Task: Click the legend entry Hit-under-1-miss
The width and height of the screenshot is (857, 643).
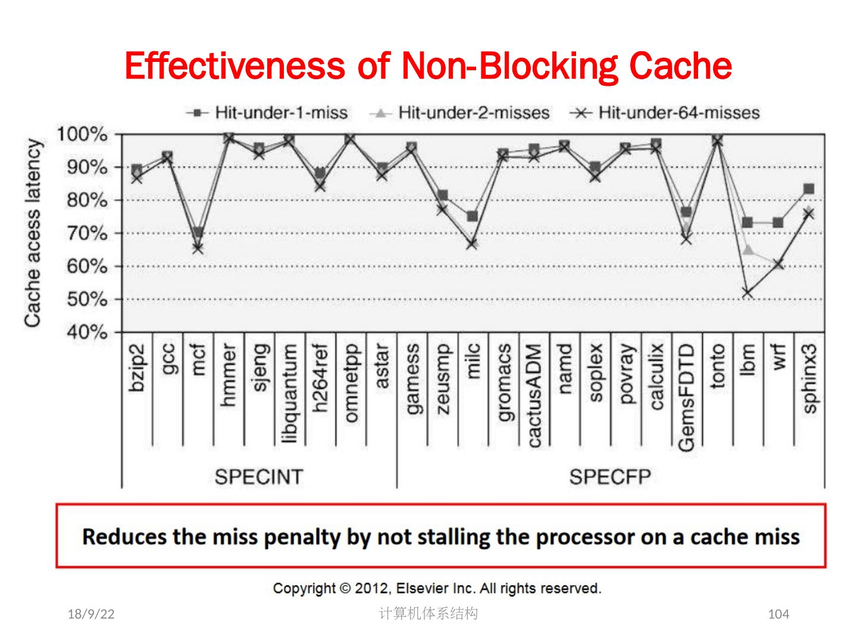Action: [x=267, y=113]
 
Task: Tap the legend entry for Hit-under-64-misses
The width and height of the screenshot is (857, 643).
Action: [x=665, y=113]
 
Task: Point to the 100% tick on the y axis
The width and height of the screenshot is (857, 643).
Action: [x=82, y=135]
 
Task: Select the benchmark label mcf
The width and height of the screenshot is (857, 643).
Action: [x=199, y=360]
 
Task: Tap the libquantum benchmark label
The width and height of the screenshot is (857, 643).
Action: [x=290, y=394]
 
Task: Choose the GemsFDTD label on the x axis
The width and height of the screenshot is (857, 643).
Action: [x=686, y=397]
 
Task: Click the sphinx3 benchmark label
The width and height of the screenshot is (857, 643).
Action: [x=810, y=377]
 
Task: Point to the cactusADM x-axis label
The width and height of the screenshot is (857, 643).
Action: [x=534, y=395]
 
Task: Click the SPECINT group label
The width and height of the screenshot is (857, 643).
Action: [x=258, y=477]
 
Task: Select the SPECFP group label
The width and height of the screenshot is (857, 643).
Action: [x=609, y=477]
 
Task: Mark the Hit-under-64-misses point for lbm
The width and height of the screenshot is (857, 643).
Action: [x=747, y=293]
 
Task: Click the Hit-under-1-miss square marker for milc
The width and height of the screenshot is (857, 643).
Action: [x=472, y=216]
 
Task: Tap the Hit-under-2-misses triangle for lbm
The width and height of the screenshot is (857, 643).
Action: [x=748, y=250]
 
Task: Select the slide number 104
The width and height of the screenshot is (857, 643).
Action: [x=778, y=614]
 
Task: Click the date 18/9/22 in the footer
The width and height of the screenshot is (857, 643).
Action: [x=91, y=614]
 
